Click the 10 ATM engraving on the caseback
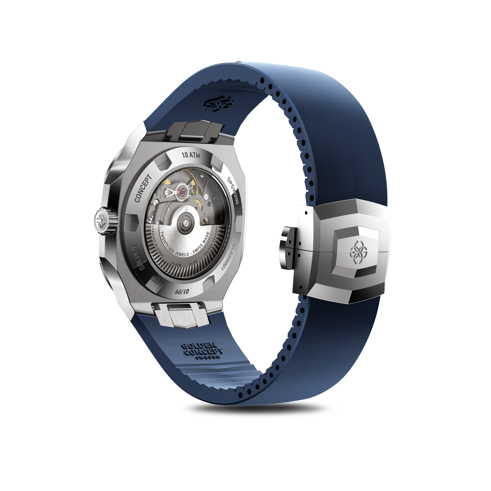point(191,155)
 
